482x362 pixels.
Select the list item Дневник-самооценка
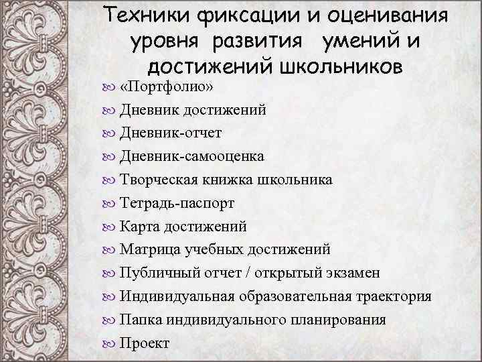pyautogui.click(x=191, y=156)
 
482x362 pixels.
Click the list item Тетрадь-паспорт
pyautogui.click(x=177, y=202)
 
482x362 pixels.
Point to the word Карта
pyautogui.click(x=139, y=226)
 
